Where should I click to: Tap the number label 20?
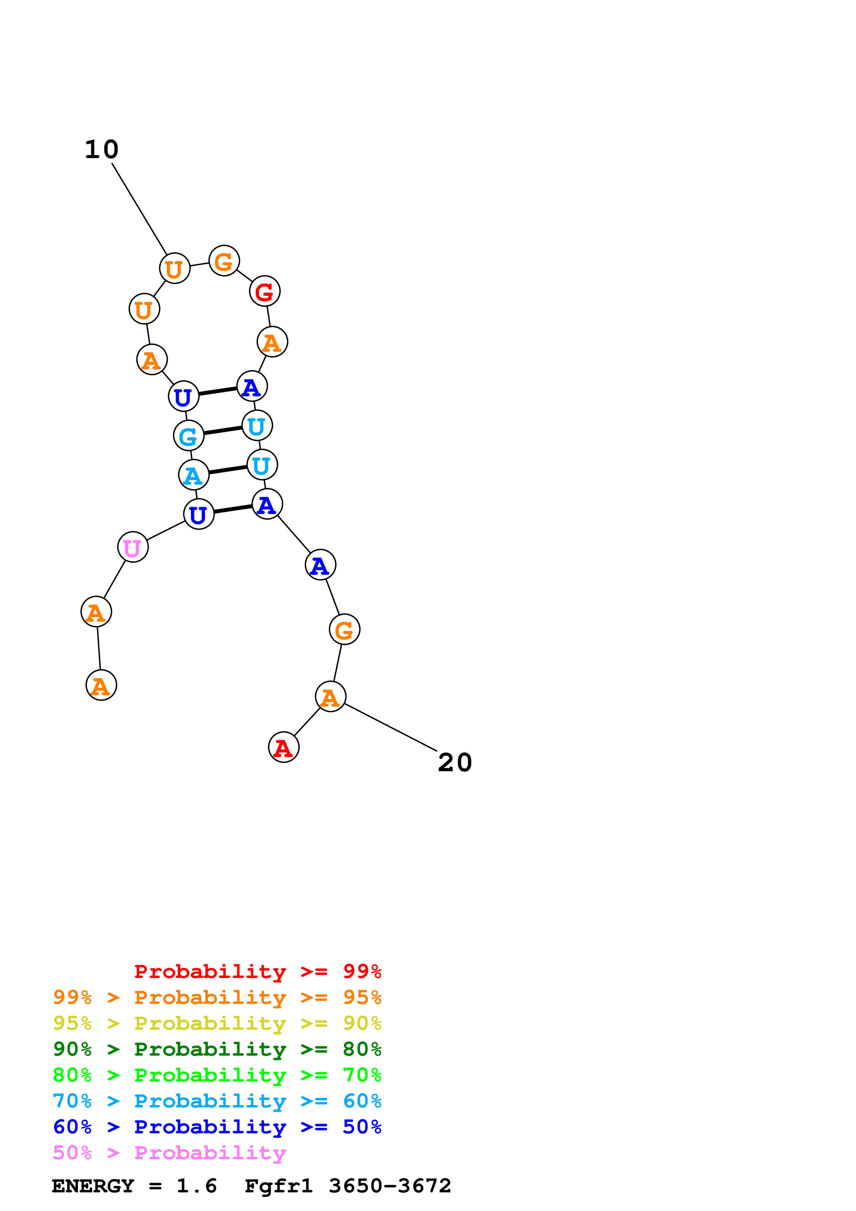pyautogui.click(x=455, y=763)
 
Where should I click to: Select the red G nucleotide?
pyautogui.click(x=264, y=291)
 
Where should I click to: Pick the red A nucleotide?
pyautogui.click(x=284, y=747)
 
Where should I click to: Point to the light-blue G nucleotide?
pyautogui.click(x=188, y=436)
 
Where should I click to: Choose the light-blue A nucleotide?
pyautogui.click(x=194, y=475)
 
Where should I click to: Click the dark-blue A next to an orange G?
pyautogui.click(x=320, y=565)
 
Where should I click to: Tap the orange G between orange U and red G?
pyautogui.click(x=224, y=261)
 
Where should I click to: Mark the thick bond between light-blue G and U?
pyautogui.click(x=223, y=430)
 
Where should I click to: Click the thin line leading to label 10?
pyautogui.click(x=139, y=209)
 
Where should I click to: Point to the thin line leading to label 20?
pyautogui.click(x=390, y=727)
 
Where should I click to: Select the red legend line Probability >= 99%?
pyautogui.click(x=257, y=971)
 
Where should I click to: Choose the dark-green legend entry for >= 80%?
pyautogui.click(x=217, y=1049)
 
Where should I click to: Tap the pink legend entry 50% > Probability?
pyautogui.click(x=169, y=1153)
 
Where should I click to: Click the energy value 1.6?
pyautogui.click(x=196, y=1186)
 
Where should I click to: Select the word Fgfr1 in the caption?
pyautogui.click(x=278, y=1186)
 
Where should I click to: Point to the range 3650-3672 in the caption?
pyautogui.click(x=390, y=1186)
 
